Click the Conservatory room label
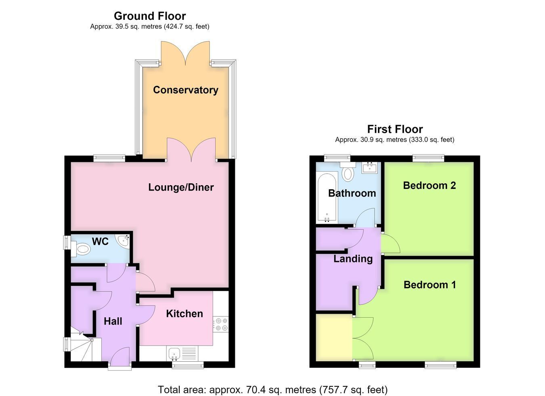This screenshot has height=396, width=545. [x=186, y=90]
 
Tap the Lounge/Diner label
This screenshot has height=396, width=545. [x=181, y=187]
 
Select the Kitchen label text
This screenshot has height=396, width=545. [x=184, y=314]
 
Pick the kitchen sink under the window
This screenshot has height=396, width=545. [x=174, y=354]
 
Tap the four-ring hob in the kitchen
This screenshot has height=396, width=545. [x=221, y=324]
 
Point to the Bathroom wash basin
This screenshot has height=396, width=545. [x=369, y=168]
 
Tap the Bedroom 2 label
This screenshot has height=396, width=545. [x=430, y=186]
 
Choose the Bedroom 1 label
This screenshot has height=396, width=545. [x=430, y=285]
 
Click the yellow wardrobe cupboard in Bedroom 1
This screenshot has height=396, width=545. [x=334, y=337]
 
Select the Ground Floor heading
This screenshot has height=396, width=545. [x=150, y=16]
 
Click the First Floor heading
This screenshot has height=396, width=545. [x=395, y=129]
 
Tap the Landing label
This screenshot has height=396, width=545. [x=353, y=259]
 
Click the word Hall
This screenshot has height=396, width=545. [x=113, y=322]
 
